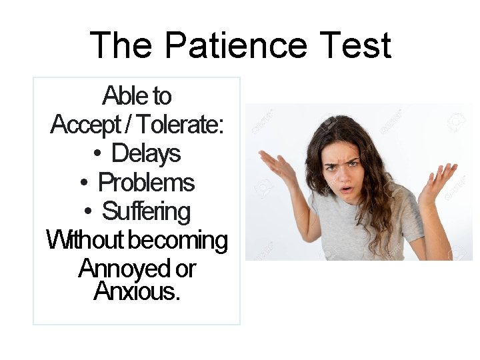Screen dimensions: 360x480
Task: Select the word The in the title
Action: pos(122,45)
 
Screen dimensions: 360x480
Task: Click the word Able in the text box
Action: pos(120,97)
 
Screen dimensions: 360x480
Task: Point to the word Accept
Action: pos(83,125)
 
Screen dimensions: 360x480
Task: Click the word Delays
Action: pos(146,154)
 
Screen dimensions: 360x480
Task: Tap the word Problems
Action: pos(146,183)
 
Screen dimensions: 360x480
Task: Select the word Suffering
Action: pos(146,211)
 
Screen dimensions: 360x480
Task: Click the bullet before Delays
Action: pos(97,155)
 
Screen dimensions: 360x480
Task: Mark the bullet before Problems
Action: pos(84,183)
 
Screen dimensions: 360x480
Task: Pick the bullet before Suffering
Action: pos(88,212)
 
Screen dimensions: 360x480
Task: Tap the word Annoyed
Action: pos(125,269)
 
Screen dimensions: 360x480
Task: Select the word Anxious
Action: pos(137,291)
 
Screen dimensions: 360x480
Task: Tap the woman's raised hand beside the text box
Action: pos(277,167)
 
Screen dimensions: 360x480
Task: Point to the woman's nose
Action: pos(346,176)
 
